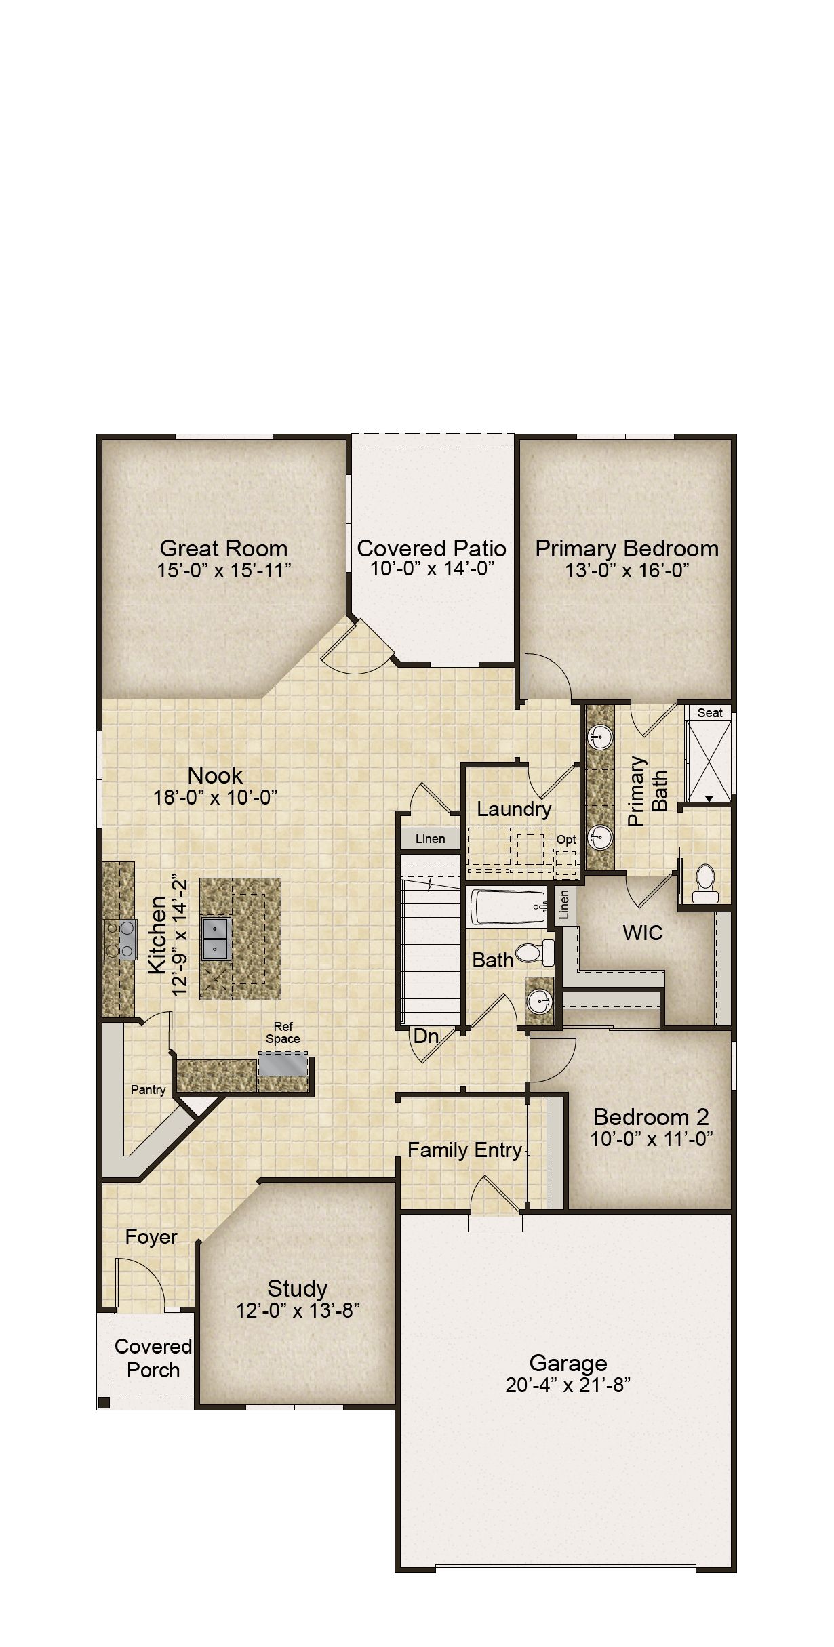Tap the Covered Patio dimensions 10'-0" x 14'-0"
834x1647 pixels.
pos(431,569)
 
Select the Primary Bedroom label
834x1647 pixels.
pos(627,548)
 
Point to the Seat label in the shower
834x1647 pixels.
pos(710,712)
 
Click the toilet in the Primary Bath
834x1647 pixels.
pos(705,883)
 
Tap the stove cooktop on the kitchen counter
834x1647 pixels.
pos(120,940)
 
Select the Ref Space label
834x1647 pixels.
pos(283,1032)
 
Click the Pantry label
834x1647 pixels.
pos(148,1089)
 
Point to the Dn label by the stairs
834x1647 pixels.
pos(426,1036)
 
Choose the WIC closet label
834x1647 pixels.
pos(643,933)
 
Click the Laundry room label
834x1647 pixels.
pos(514,809)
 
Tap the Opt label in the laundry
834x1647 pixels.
pos(566,840)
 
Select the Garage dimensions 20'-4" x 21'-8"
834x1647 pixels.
pos(568,1385)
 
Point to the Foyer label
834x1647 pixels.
pos(151,1237)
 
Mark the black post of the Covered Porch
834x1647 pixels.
pos(104,1402)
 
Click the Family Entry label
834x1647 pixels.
pos(464,1150)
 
